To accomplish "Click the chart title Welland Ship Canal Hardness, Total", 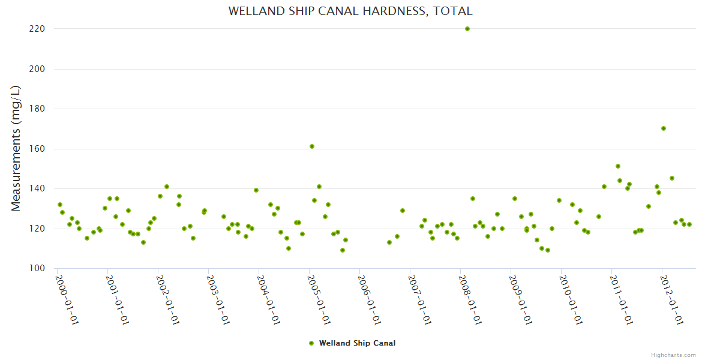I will (x=350, y=11).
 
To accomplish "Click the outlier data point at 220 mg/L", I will (x=467, y=29).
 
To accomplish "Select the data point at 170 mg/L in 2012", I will (x=664, y=128).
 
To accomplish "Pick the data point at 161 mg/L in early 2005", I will (x=312, y=146).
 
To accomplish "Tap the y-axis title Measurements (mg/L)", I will (x=16, y=148).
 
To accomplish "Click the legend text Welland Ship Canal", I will (x=357, y=343).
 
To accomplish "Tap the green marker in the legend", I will (x=311, y=343).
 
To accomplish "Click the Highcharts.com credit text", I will (x=673, y=355).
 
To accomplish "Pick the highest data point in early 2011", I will (x=618, y=166).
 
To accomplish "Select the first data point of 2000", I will (x=59, y=205).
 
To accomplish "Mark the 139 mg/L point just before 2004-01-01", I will (x=256, y=190).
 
